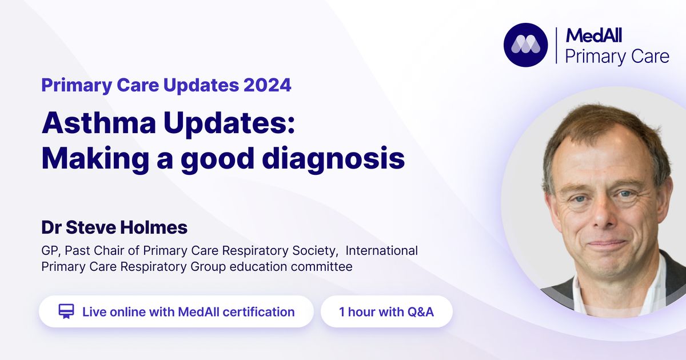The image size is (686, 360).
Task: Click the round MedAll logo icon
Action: coord(525,45)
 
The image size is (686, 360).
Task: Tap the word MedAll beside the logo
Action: coord(593,35)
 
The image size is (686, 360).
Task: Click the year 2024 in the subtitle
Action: coord(268,85)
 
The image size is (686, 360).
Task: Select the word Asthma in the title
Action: coord(99,123)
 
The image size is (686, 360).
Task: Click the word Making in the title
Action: coord(95,159)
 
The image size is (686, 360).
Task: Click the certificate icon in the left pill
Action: coord(66,311)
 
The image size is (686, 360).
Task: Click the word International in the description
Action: coord(382,250)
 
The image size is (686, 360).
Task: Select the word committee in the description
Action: coord(321,266)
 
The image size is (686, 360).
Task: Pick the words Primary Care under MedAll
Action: coord(617,57)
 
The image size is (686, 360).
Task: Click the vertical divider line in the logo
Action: coord(556,45)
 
